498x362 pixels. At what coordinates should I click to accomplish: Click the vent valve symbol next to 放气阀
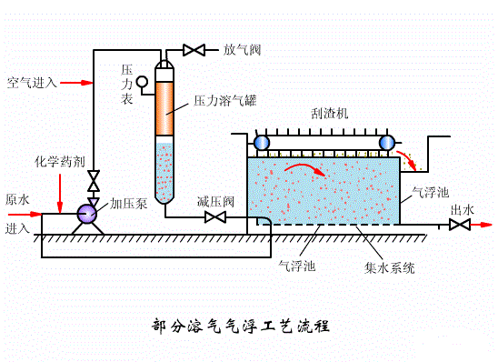(x=194, y=49)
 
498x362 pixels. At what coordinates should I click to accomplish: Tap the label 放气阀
(x=243, y=49)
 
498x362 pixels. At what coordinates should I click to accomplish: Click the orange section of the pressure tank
(x=164, y=110)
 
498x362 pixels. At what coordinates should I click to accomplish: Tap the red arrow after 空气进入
(x=80, y=83)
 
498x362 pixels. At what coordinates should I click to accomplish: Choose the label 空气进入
(x=32, y=83)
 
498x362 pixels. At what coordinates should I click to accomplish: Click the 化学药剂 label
(x=60, y=161)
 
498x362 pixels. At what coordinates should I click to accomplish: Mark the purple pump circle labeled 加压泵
(x=88, y=214)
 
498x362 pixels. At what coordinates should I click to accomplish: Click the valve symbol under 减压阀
(x=216, y=217)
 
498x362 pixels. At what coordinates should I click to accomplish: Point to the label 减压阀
(x=216, y=200)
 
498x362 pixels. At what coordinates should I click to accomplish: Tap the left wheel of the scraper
(x=261, y=143)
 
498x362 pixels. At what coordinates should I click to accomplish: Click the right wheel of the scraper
(x=387, y=143)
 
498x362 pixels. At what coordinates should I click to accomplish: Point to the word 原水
(x=18, y=198)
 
